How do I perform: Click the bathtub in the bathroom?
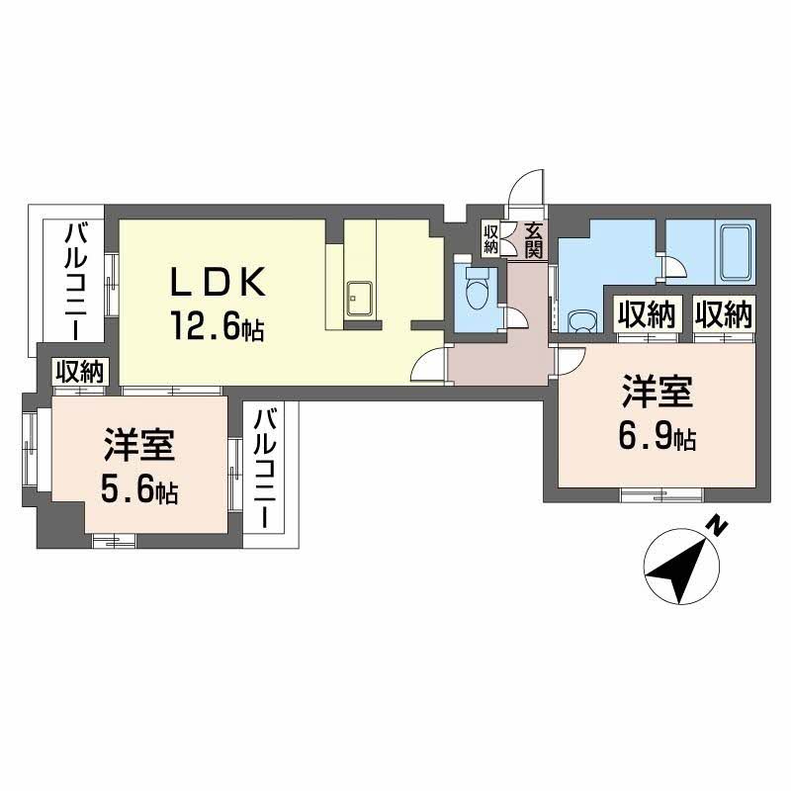click(735, 254)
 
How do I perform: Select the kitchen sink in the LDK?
click(358, 295)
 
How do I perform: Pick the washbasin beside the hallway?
click(582, 320)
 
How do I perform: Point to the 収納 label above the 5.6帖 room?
click(79, 372)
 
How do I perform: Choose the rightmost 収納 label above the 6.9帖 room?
click(723, 314)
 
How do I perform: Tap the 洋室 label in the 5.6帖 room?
click(139, 447)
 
